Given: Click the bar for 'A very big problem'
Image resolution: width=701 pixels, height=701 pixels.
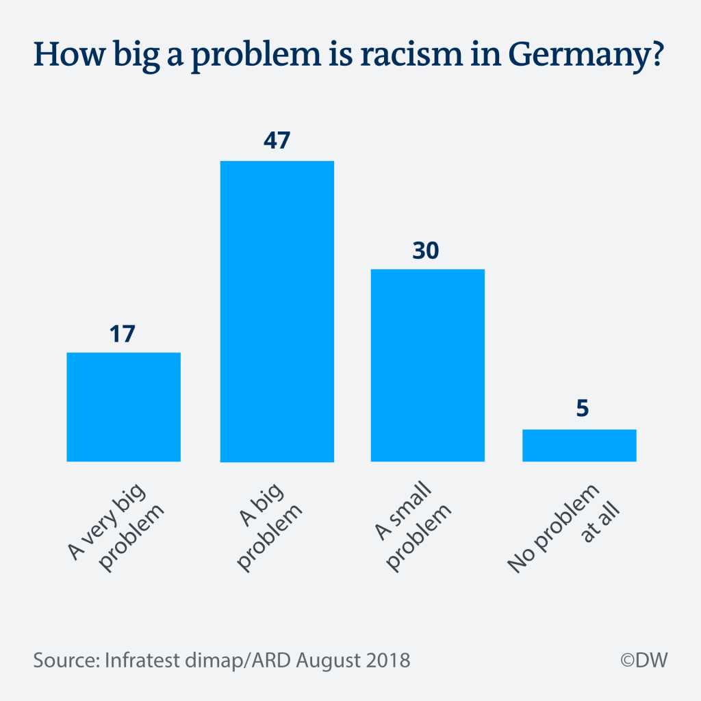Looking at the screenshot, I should [123, 407].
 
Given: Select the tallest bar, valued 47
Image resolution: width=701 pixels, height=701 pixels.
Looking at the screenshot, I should [277, 311].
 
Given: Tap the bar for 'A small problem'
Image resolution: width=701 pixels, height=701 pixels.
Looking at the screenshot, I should [427, 365].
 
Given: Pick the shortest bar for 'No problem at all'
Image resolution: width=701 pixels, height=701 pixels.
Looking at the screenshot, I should [579, 445].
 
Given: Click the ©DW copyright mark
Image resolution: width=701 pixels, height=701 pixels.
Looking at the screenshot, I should [643, 661].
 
